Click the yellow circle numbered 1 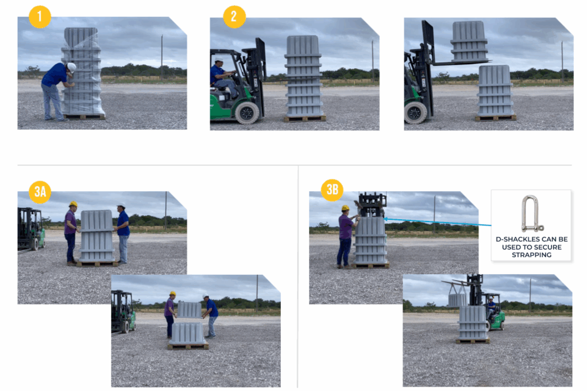[40, 17]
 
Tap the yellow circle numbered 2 [234, 17]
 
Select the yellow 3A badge [40, 192]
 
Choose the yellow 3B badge [332, 190]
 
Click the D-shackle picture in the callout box [531, 214]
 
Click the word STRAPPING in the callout [531, 255]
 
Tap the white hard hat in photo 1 [71, 68]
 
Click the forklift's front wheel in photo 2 [247, 113]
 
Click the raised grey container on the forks [469, 41]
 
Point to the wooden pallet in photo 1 [83, 117]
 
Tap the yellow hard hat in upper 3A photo [73, 204]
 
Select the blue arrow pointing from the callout [437, 222]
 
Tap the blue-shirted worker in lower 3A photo [211, 316]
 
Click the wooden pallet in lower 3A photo [188, 346]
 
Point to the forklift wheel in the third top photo [415, 112]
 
